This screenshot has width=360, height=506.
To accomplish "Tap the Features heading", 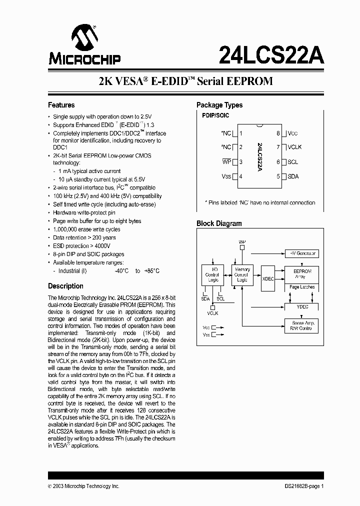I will click(61, 105).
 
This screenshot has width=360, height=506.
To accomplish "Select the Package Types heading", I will click(219, 105).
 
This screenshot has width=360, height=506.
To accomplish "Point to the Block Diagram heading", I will click(219, 223).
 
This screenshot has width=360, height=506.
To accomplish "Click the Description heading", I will click(65, 286).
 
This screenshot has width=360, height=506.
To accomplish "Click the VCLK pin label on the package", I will click(294, 147).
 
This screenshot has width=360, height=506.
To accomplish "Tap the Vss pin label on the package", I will click(226, 176).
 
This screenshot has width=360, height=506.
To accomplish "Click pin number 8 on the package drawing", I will click(278, 133).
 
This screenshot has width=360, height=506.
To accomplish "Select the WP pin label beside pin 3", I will click(226, 162).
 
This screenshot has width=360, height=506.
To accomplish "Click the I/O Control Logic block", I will click(212, 274).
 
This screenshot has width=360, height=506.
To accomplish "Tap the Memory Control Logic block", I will click(242, 274).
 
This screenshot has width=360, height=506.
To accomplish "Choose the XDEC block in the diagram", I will click(268, 278).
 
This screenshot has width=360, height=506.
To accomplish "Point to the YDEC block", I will click(302, 306).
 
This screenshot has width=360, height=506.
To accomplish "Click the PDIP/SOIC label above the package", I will click(215, 115).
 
